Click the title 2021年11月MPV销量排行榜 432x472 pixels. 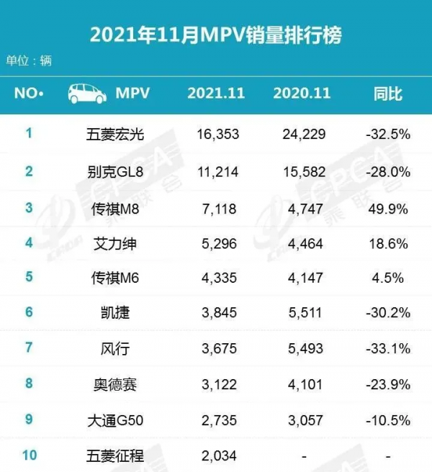point(216,35)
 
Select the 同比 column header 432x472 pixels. point(387,94)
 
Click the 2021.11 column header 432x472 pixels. point(217,94)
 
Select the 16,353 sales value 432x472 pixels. point(217,134)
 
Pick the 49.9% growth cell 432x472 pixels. point(389,209)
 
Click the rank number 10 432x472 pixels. point(30,454)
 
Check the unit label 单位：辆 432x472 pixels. point(30,60)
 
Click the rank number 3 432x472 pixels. point(30,209)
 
